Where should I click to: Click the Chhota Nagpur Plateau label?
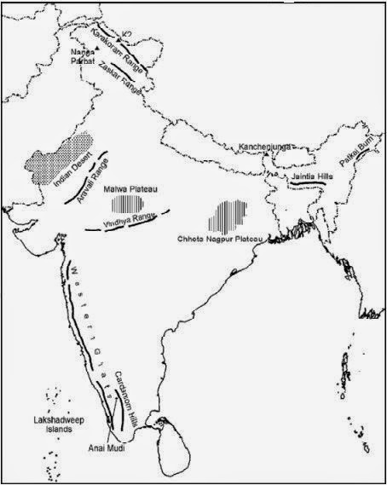[x=223, y=240]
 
